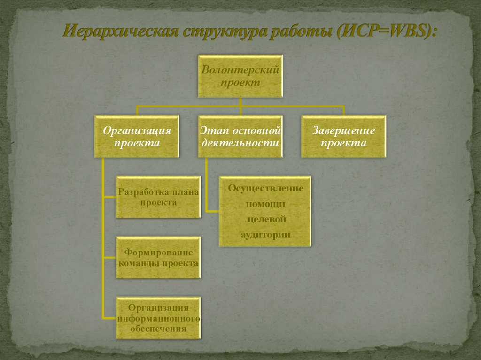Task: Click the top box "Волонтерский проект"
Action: point(240,76)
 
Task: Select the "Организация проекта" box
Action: point(137,137)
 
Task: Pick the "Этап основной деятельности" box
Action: point(240,137)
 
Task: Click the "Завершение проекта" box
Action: point(343,137)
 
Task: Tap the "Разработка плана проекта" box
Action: point(158,197)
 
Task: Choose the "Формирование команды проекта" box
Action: point(158,258)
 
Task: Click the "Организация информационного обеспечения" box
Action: point(158,318)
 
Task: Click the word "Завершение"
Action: point(343,130)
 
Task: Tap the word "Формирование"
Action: point(158,253)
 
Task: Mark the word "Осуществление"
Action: point(265,188)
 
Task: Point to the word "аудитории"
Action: point(265,234)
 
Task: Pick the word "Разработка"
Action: point(138,192)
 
